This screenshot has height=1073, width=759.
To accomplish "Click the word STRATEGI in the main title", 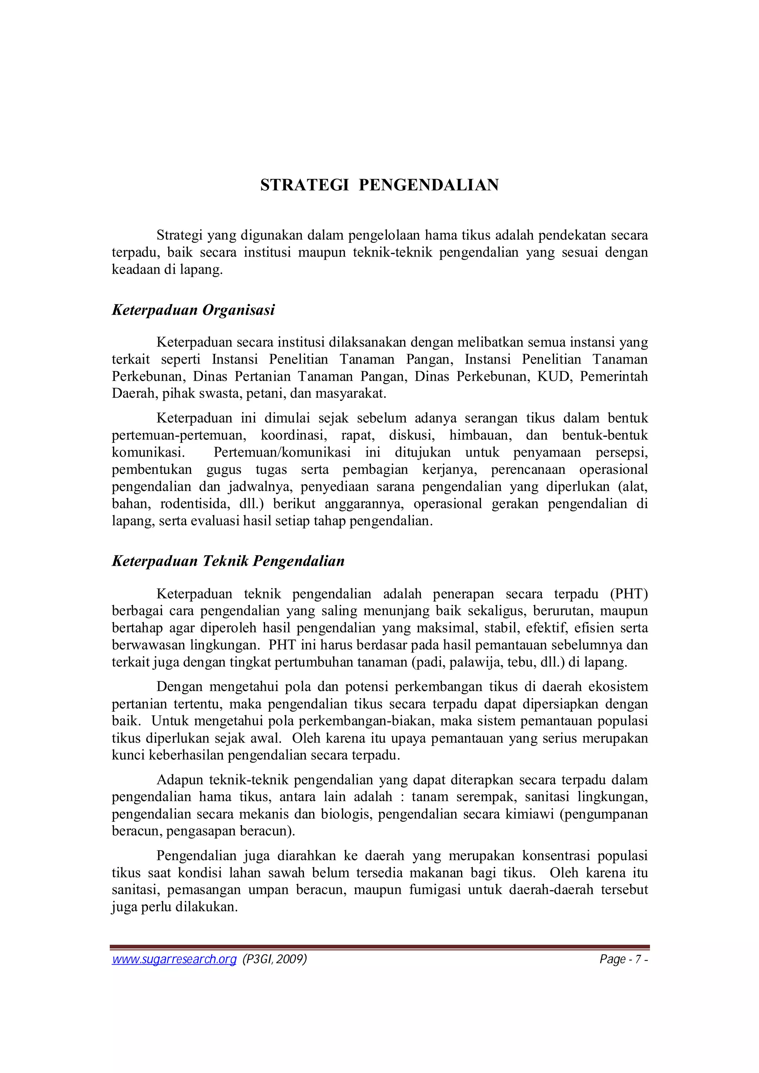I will [x=304, y=185].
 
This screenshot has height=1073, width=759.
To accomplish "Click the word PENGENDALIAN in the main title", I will [x=428, y=185].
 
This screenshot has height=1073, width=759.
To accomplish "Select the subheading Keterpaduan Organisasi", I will [x=193, y=310].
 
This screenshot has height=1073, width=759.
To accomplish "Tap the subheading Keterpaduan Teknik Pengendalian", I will [x=228, y=561].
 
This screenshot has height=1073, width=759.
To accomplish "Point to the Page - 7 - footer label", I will [x=623, y=959].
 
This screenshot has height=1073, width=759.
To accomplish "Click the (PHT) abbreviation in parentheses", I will [x=629, y=594].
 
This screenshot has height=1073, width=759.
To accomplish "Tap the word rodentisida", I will [x=193, y=504].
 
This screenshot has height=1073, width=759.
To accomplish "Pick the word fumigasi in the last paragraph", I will [x=435, y=890].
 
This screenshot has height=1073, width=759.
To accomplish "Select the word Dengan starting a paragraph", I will [x=179, y=687].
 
